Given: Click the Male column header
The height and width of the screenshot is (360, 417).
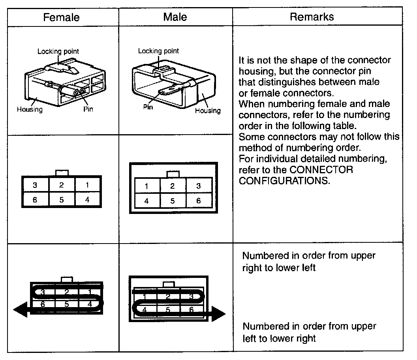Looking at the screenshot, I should (175, 17).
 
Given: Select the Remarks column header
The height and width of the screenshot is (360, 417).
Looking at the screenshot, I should (312, 17).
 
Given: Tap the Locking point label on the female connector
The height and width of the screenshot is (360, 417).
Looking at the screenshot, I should (58, 51).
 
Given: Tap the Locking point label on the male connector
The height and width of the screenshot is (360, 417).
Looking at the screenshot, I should (158, 51).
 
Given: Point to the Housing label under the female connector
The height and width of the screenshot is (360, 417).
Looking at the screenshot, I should (30, 109).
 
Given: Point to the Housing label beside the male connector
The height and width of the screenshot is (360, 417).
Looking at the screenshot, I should (208, 111).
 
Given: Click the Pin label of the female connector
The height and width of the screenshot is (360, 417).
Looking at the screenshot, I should (88, 109).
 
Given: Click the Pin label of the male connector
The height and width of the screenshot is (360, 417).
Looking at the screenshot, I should (148, 107).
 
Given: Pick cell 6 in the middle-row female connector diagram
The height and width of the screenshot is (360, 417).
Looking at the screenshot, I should (35, 200).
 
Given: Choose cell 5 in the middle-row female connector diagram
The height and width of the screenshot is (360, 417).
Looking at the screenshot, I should (62, 200).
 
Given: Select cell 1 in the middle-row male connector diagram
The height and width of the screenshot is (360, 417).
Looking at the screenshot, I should (147, 186).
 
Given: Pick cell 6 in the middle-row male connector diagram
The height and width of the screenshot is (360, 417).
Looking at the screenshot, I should (198, 201).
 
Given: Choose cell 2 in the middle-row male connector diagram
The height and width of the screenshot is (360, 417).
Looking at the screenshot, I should (173, 186).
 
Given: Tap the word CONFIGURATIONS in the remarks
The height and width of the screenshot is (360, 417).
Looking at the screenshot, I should (284, 182).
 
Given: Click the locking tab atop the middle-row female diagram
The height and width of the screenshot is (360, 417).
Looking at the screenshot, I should (62, 173).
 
